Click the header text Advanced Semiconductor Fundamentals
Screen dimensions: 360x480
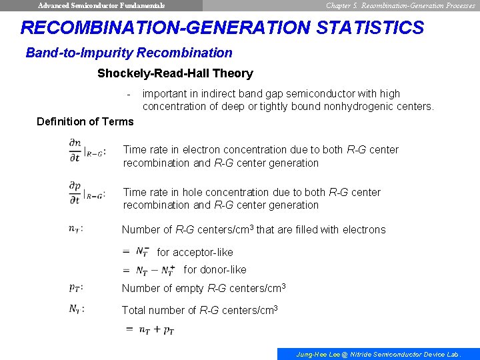pyautogui.click(x=101, y=5)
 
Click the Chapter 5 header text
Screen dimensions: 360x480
pyautogui.click(x=400, y=5)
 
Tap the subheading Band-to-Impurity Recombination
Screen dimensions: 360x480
pyautogui.click(x=129, y=53)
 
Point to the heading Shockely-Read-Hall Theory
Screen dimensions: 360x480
pyautogui.click(x=175, y=73)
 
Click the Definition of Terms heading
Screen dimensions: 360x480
pyautogui.click(x=85, y=121)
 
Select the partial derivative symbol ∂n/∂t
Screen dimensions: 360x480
pyautogui.click(x=75, y=149)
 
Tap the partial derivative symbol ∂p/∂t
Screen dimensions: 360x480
pyautogui.click(x=75, y=191)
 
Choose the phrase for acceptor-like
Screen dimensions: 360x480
pyautogui.click(x=195, y=253)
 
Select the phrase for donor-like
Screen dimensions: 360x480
pyautogui.click(x=215, y=270)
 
